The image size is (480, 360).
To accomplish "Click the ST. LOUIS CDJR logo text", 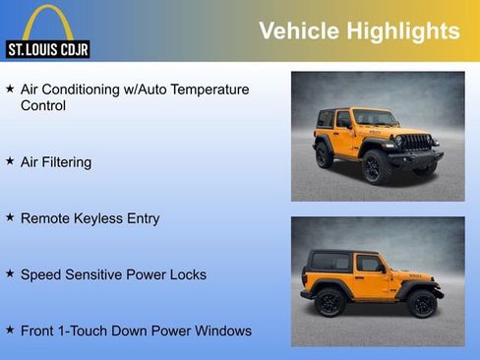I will (x=47, y=49).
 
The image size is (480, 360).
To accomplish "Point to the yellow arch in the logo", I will (x=47, y=20).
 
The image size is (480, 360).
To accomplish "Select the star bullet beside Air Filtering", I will (x=10, y=160).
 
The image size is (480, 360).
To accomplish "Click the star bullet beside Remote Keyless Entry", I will (x=10, y=217).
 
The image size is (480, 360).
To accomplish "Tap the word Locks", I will (x=187, y=274).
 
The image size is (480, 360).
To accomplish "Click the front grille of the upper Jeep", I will (x=418, y=143).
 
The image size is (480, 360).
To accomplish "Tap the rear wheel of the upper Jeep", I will (x=324, y=155).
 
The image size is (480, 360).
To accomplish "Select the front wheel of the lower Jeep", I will (x=423, y=304).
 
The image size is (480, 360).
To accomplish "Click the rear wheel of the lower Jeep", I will (x=329, y=303).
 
